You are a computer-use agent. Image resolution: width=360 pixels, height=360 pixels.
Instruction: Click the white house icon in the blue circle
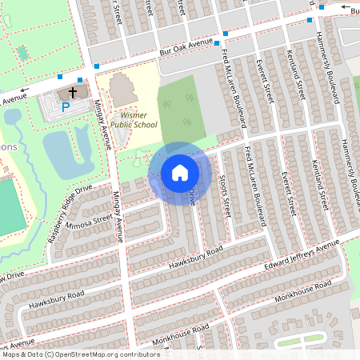(180, 172)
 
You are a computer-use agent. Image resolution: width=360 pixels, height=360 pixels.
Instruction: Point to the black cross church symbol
(73, 92)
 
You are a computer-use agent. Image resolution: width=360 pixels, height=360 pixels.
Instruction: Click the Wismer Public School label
(133, 119)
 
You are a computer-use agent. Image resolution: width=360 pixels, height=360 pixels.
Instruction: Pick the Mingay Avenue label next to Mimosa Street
(118, 216)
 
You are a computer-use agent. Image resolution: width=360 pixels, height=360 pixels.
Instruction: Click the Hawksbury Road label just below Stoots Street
(190, 258)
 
